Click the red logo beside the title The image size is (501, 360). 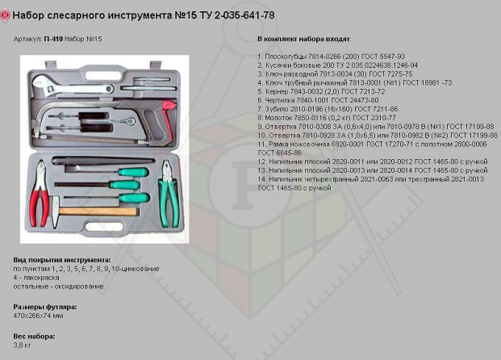(x=6, y=15)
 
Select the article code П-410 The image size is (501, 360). (x=53, y=39)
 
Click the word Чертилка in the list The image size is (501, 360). (x=278, y=99)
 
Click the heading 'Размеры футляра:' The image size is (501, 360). (x=44, y=307)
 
